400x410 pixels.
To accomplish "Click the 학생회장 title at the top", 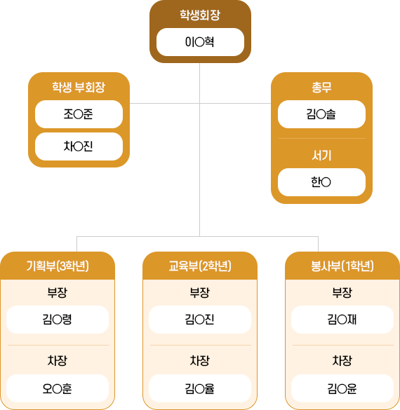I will (x=200, y=15).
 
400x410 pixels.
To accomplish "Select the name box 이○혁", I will (x=200, y=42).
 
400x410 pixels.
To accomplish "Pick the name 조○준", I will (x=79, y=114).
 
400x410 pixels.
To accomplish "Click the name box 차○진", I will (x=79, y=146).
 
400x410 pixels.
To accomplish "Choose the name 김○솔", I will (x=321, y=114).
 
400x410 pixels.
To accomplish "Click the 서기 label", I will (x=321, y=156).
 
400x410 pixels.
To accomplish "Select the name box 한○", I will (x=321, y=182).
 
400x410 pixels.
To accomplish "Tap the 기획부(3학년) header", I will (x=58, y=266).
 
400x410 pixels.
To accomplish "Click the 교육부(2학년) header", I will (x=200, y=266).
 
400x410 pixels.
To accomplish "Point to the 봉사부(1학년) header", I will (x=342, y=266).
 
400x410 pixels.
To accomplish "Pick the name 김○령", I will (x=58, y=320).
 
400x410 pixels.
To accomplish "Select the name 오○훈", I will (x=58, y=388).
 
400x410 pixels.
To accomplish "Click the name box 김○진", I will (x=200, y=320).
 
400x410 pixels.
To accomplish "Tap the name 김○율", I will (x=200, y=388).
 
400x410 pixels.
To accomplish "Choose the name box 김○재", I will (x=342, y=320).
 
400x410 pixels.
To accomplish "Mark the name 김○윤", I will (x=342, y=388).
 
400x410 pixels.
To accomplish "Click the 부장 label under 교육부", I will (x=200, y=292).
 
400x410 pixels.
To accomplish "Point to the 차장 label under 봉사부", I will (x=342, y=361).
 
